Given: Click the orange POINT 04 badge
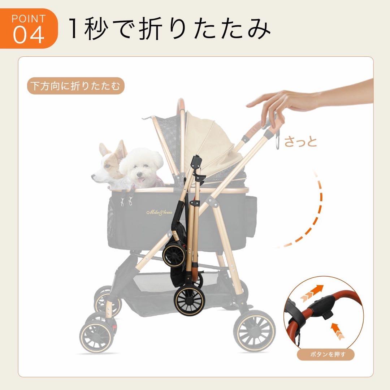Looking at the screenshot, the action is pyautogui.click(x=29, y=29).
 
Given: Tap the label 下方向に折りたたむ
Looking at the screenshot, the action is pyautogui.click(x=75, y=86).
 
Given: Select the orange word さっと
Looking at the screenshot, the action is pyautogui.click(x=300, y=142).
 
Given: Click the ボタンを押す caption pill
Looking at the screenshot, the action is pyautogui.click(x=325, y=354).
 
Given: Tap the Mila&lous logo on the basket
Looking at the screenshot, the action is pyautogui.click(x=159, y=213).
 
